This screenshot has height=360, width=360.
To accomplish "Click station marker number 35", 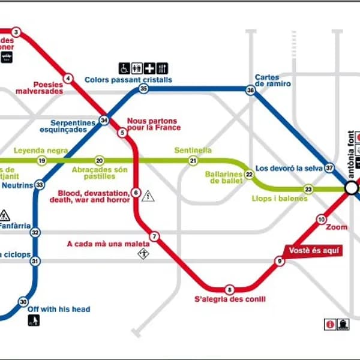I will click(x=143, y=89).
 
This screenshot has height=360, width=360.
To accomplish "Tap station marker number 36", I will click(x=250, y=89).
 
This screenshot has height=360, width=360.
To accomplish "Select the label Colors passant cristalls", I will click(x=128, y=79).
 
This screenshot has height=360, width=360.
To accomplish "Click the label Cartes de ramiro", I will click(x=272, y=80).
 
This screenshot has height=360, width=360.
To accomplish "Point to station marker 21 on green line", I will click(x=193, y=161).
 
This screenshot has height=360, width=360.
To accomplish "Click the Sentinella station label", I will click(x=193, y=150).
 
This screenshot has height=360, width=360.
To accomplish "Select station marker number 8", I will click(x=229, y=290).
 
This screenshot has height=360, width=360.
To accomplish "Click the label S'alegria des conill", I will click(x=230, y=299).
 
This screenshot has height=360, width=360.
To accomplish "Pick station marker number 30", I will click(x=23, y=302).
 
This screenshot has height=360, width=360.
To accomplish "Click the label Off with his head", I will click(x=59, y=310).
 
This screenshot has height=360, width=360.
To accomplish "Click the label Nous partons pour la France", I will click(x=154, y=124).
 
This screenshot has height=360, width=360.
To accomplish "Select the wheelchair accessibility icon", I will click(x=123, y=68).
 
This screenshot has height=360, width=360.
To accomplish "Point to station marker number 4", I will click(x=68, y=79).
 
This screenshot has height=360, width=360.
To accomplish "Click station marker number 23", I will click(x=308, y=189).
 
